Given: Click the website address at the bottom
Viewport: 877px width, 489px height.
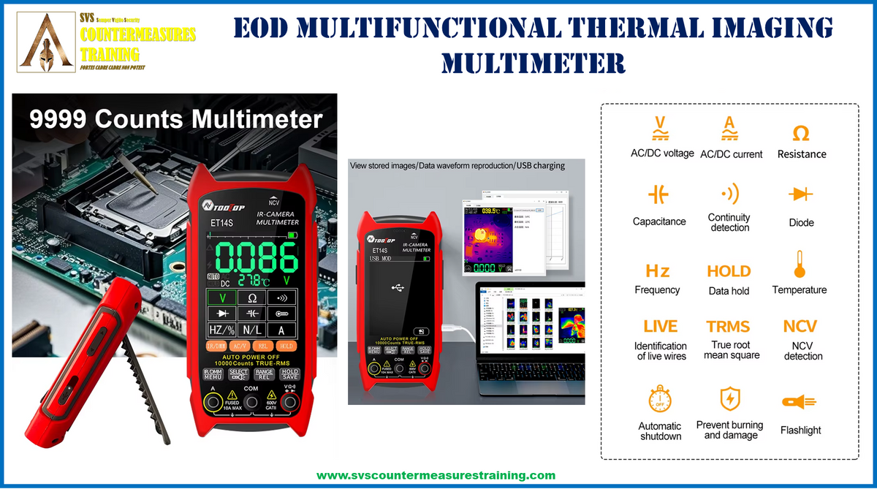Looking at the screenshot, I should (x=436, y=475).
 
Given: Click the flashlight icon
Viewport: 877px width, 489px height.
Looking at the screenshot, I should (x=799, y=402).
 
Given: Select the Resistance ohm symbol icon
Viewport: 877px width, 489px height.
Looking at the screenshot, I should (x=801, y=133).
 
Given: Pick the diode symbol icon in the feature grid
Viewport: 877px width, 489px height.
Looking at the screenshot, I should (x=801, y=194).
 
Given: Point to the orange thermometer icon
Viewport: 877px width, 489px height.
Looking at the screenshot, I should (x=800, y=264).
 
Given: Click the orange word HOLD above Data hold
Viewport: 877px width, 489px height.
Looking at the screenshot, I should (x=729, y=271).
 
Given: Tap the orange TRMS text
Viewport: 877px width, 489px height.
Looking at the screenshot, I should (x=728, y=326).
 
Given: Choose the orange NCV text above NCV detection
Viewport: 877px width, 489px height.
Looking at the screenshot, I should (x=800, y=326).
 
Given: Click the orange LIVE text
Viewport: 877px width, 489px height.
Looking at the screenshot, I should (x=660, y=326).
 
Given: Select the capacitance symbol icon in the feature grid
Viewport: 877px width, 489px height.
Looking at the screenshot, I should (x=658, y=194).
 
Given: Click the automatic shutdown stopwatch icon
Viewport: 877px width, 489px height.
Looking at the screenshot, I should (x=660, y=400).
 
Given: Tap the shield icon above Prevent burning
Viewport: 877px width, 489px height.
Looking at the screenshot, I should (x=729, y=399).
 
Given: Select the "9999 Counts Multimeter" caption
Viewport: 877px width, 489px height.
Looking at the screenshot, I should (x=175, y=119).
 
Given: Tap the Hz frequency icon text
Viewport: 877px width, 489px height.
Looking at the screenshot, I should (x=657, y=271).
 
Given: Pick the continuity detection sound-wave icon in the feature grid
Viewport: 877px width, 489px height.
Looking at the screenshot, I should (x=729, y=194).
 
